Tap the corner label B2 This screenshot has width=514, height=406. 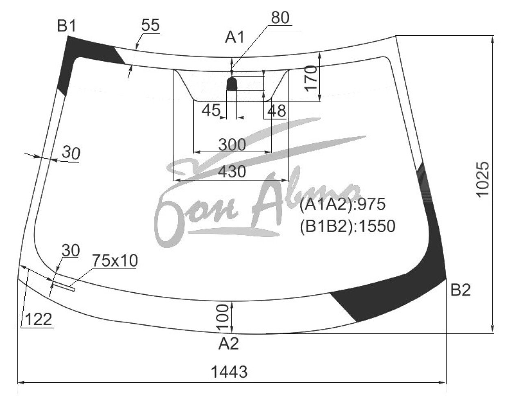point(461,290)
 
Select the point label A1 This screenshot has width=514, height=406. point(235,38)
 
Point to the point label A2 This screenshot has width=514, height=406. point(229,344)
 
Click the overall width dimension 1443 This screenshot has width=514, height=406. point(230,372)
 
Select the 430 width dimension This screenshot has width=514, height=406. point(232,171)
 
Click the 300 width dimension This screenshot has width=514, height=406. point(232,145)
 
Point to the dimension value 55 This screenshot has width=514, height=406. point(150,25)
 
